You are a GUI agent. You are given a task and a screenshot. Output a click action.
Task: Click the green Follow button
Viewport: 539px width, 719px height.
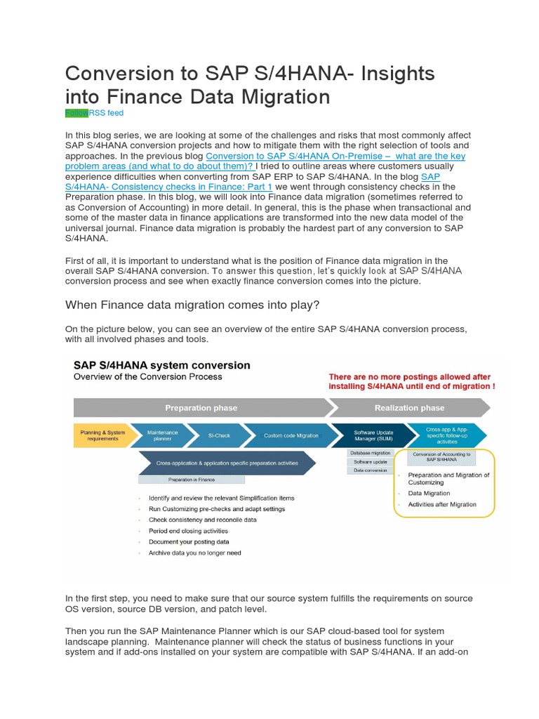pyautogui.click(x=76, y=113)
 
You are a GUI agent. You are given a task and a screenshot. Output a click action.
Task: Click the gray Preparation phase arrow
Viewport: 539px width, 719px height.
pyautogui.click(x=201, y=407)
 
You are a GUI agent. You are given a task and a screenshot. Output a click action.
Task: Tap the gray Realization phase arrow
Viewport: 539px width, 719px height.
pyautogui.click(x=409, y=407)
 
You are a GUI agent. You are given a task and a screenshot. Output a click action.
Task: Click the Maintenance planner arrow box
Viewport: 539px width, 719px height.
pyautogui.click(x=162, y=435)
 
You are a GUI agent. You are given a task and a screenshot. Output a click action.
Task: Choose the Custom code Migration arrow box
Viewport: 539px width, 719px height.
pyautogui.click(x=290, y=435)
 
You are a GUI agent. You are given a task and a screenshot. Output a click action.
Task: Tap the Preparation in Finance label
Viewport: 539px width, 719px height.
pyautogui.click(x=191, y=480)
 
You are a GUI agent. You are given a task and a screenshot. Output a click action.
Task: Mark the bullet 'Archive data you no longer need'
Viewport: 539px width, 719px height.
pyautogui.click(x=194, y=553)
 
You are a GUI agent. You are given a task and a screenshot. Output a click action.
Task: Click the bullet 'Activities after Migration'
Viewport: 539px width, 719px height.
pyautogui.click(x=441, y=504)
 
